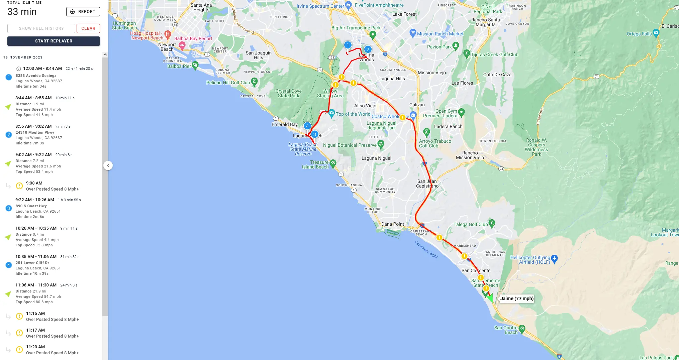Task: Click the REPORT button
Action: tap(83, 12)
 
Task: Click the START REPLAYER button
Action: tap(54, 41)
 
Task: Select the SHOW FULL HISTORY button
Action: tap(41, 28)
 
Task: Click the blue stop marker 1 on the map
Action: tap(348, 45)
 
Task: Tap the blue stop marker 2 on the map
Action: tap(368, 49)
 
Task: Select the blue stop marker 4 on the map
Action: tap(307, 126)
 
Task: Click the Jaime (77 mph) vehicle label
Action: tap(517, 298)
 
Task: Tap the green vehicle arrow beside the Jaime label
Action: tap(490, 297)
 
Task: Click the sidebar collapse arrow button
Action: tap(108, 165)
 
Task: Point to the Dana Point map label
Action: tap(393, 224)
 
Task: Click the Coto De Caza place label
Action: tap(497, 75)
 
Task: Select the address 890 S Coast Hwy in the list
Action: tap(31, 206)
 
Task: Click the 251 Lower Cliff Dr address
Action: tap(32, 263)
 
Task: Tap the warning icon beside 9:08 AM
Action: tap(19, 186)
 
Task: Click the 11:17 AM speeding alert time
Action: tap(35, 330)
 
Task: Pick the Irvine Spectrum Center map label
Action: tap(320, 6)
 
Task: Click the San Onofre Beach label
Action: tap(506, 330)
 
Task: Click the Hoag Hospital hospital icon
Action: tap(168, 34)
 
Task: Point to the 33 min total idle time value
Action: tap(22, 12)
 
